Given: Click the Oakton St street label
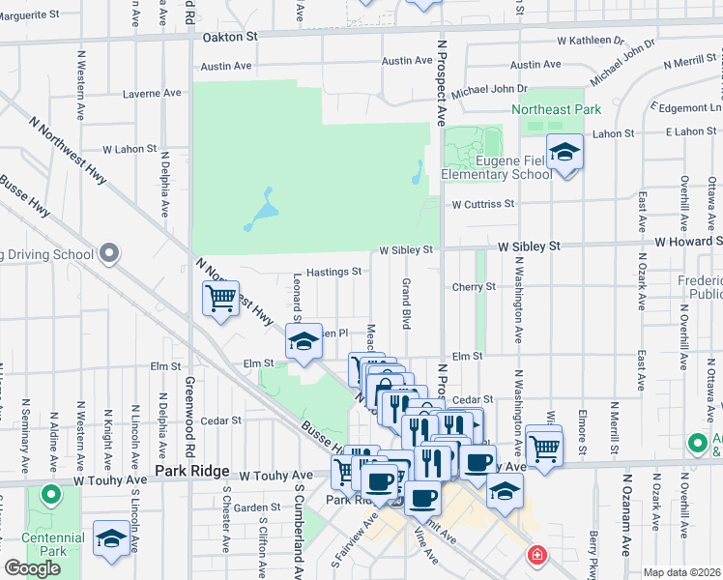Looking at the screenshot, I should [231, 37].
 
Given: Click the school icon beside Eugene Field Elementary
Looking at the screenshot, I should [564, 153].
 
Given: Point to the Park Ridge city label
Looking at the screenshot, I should [192, 472].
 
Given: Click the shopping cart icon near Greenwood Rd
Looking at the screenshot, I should [220, 299].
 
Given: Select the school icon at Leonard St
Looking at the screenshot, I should [304, 342].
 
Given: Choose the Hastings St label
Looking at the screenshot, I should [333, 273].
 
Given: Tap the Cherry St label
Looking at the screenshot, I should [474, 287].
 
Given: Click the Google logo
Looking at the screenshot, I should [32, 568].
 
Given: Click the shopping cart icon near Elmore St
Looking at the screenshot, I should [544, 448].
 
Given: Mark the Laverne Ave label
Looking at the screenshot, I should [153, 94].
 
